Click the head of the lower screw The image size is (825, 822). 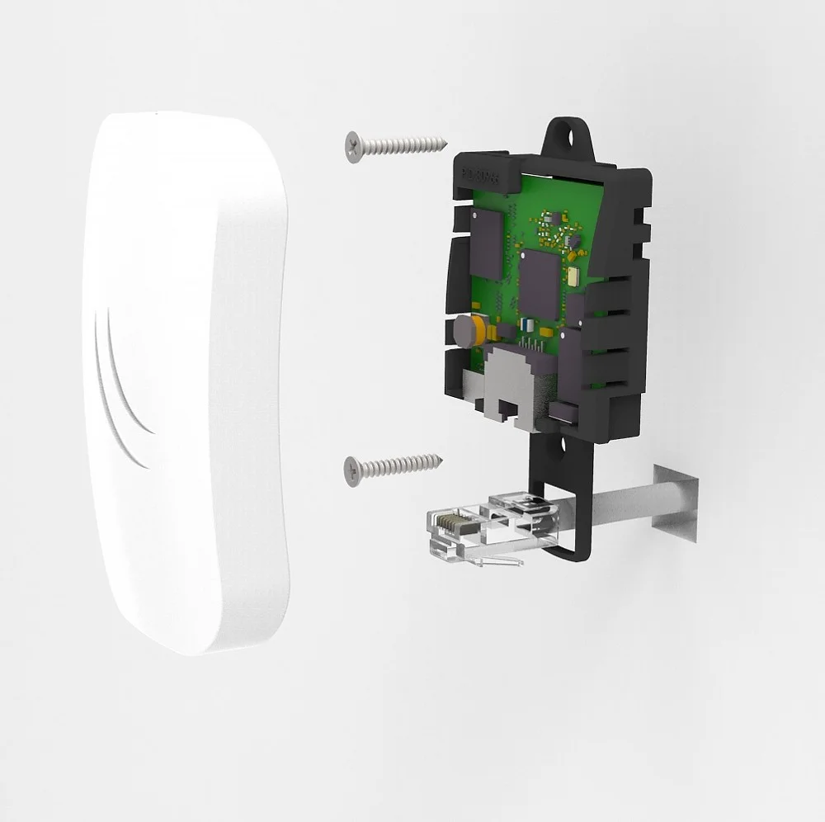tap(353, 469)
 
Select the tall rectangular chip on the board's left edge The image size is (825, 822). tap(486, 244)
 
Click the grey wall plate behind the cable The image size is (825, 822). tap(675, 503)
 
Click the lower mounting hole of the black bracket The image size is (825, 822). tap(565, 448)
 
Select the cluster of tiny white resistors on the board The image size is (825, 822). tap(562, 230)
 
